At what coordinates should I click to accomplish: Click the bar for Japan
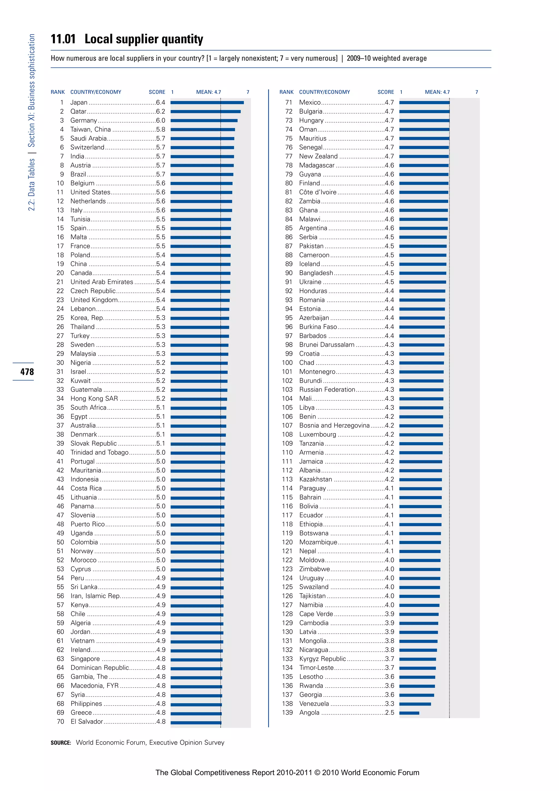click(207, 102)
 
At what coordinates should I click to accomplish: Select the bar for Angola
click(409, 713)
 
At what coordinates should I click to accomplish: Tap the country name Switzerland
click(87, 147)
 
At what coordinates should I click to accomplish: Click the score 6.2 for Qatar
click(160, 111)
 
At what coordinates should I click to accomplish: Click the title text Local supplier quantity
click(144, 39)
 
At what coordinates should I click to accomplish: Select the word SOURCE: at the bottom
click(61, 743)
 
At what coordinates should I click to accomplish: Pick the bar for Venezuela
click(415, 704)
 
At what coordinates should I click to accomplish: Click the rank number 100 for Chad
click(287, 362)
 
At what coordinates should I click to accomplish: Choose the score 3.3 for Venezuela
click(389, 704)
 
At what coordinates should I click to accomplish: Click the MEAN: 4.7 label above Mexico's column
click(437, 92)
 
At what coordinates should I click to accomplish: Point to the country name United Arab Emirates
click(102, 282)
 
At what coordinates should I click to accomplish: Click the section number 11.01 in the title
click(63, 39)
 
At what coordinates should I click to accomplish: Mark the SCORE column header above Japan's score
click(157, 92)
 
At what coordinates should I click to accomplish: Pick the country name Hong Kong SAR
click(94, 399)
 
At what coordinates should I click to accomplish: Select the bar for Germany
click(204, 120)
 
